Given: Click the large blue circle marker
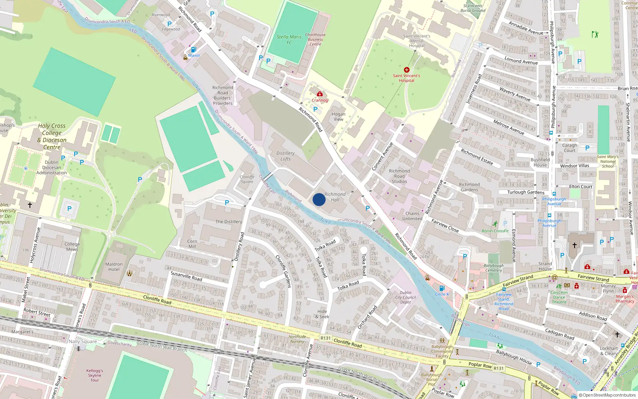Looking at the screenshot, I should tap(319, 199).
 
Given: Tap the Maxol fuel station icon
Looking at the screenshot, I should tap(193, 50).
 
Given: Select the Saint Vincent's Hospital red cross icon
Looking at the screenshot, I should tap(407, 70).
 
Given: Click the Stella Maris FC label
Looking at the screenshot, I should tap(289, 40).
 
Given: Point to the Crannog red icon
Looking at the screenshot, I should tap(320, 94).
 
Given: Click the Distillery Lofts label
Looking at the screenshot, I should tap(286, 156).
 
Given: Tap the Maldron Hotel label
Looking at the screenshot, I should tap(114, 267).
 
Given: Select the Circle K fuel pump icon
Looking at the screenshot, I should tap(441, 288).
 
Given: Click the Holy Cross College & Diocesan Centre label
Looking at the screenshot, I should tap(52, 136).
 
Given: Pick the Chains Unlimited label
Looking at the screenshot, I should tap(412, 216).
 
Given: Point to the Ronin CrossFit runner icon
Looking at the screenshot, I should tap(495, 224).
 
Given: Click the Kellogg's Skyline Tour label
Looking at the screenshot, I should tap(95, 375).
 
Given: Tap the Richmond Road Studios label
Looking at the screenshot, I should tap(399, 176).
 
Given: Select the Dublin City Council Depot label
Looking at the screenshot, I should tap(406, 297).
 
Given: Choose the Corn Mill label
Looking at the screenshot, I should tap(192, 244).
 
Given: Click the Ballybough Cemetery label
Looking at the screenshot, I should tap(494, 268).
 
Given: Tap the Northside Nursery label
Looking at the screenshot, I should tap(297, 339).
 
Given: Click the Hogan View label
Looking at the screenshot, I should tap(339, 117).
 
